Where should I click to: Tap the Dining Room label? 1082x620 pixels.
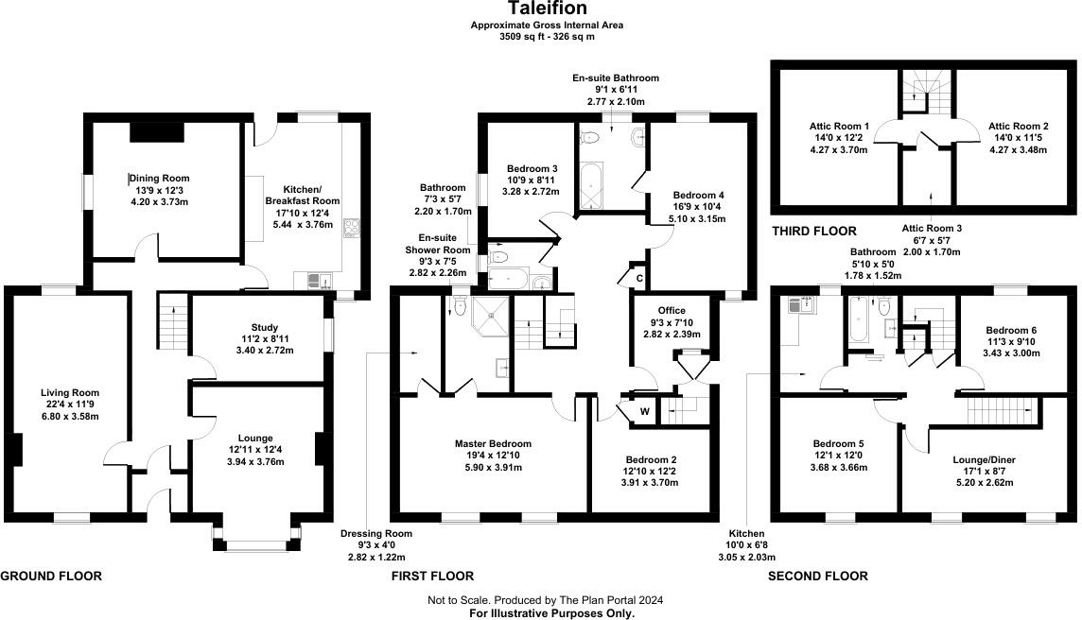(x=160, y=178)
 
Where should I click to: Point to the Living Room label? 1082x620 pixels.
(x=70, y=392)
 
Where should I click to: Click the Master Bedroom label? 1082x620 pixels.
(x=493, y=443)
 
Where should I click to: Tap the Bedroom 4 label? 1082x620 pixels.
(x=698, y=195)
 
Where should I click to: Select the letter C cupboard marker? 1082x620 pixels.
(x=639, y=278)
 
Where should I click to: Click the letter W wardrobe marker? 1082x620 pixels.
(x=644, y=410)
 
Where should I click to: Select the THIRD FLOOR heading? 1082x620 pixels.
(x=814, y=232)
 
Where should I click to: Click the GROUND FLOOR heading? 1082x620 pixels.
(x=51, y=576)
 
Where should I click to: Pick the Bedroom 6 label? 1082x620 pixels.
(x=1008, y=330)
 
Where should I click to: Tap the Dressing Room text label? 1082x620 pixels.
(x=376, y=534)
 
